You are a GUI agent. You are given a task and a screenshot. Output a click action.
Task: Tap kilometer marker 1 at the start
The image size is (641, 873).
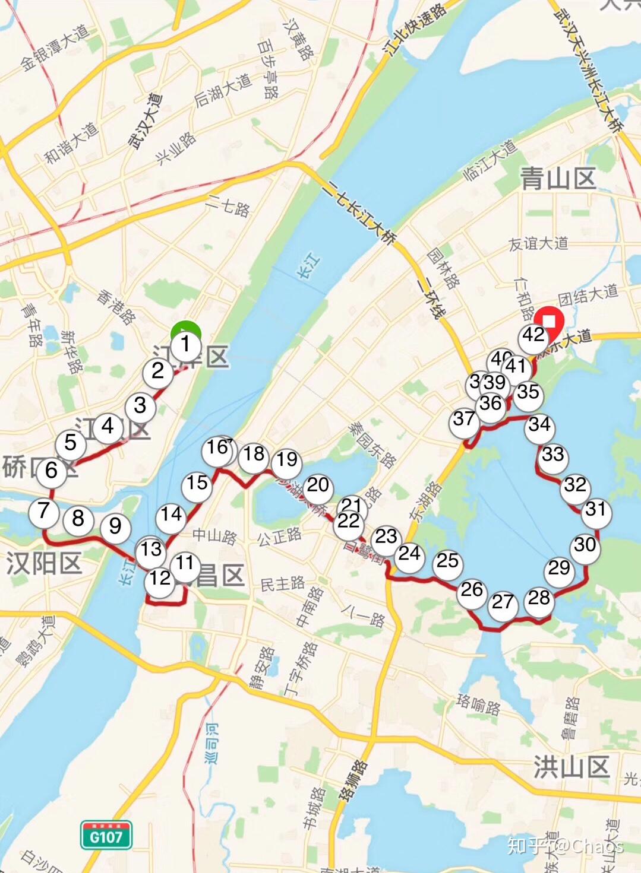[x=186, y=344]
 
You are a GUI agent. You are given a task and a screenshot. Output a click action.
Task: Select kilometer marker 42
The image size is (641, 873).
[x=533, y=335]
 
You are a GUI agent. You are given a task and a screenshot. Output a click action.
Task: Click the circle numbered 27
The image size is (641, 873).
[x=503, y=602]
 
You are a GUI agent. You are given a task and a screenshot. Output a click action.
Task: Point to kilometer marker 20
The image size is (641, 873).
[x=318, y=485]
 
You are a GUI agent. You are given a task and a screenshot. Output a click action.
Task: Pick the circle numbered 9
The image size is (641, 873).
[x=115, y=526]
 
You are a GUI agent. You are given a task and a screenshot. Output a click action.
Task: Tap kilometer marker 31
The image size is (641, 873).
[x=596, y=510]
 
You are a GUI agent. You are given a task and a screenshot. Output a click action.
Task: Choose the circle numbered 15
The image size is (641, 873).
[x=197, y=484]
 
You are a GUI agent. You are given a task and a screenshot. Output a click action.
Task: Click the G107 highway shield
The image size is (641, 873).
[x=106, y=836]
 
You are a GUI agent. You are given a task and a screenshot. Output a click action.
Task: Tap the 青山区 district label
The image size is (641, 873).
[x=558, y=179]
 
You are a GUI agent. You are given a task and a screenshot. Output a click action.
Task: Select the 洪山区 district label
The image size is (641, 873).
[x=571, y=767]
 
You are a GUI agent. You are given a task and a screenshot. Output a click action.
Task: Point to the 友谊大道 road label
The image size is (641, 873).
[x=538, y=243]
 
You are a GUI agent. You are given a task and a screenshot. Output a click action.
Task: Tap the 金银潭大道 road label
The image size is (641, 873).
[x=54, y=48]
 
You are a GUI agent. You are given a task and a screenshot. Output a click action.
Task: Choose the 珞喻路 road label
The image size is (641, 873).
[x=479, y=704]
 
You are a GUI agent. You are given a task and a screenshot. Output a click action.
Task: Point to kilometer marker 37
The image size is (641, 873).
[x=465, y=420]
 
